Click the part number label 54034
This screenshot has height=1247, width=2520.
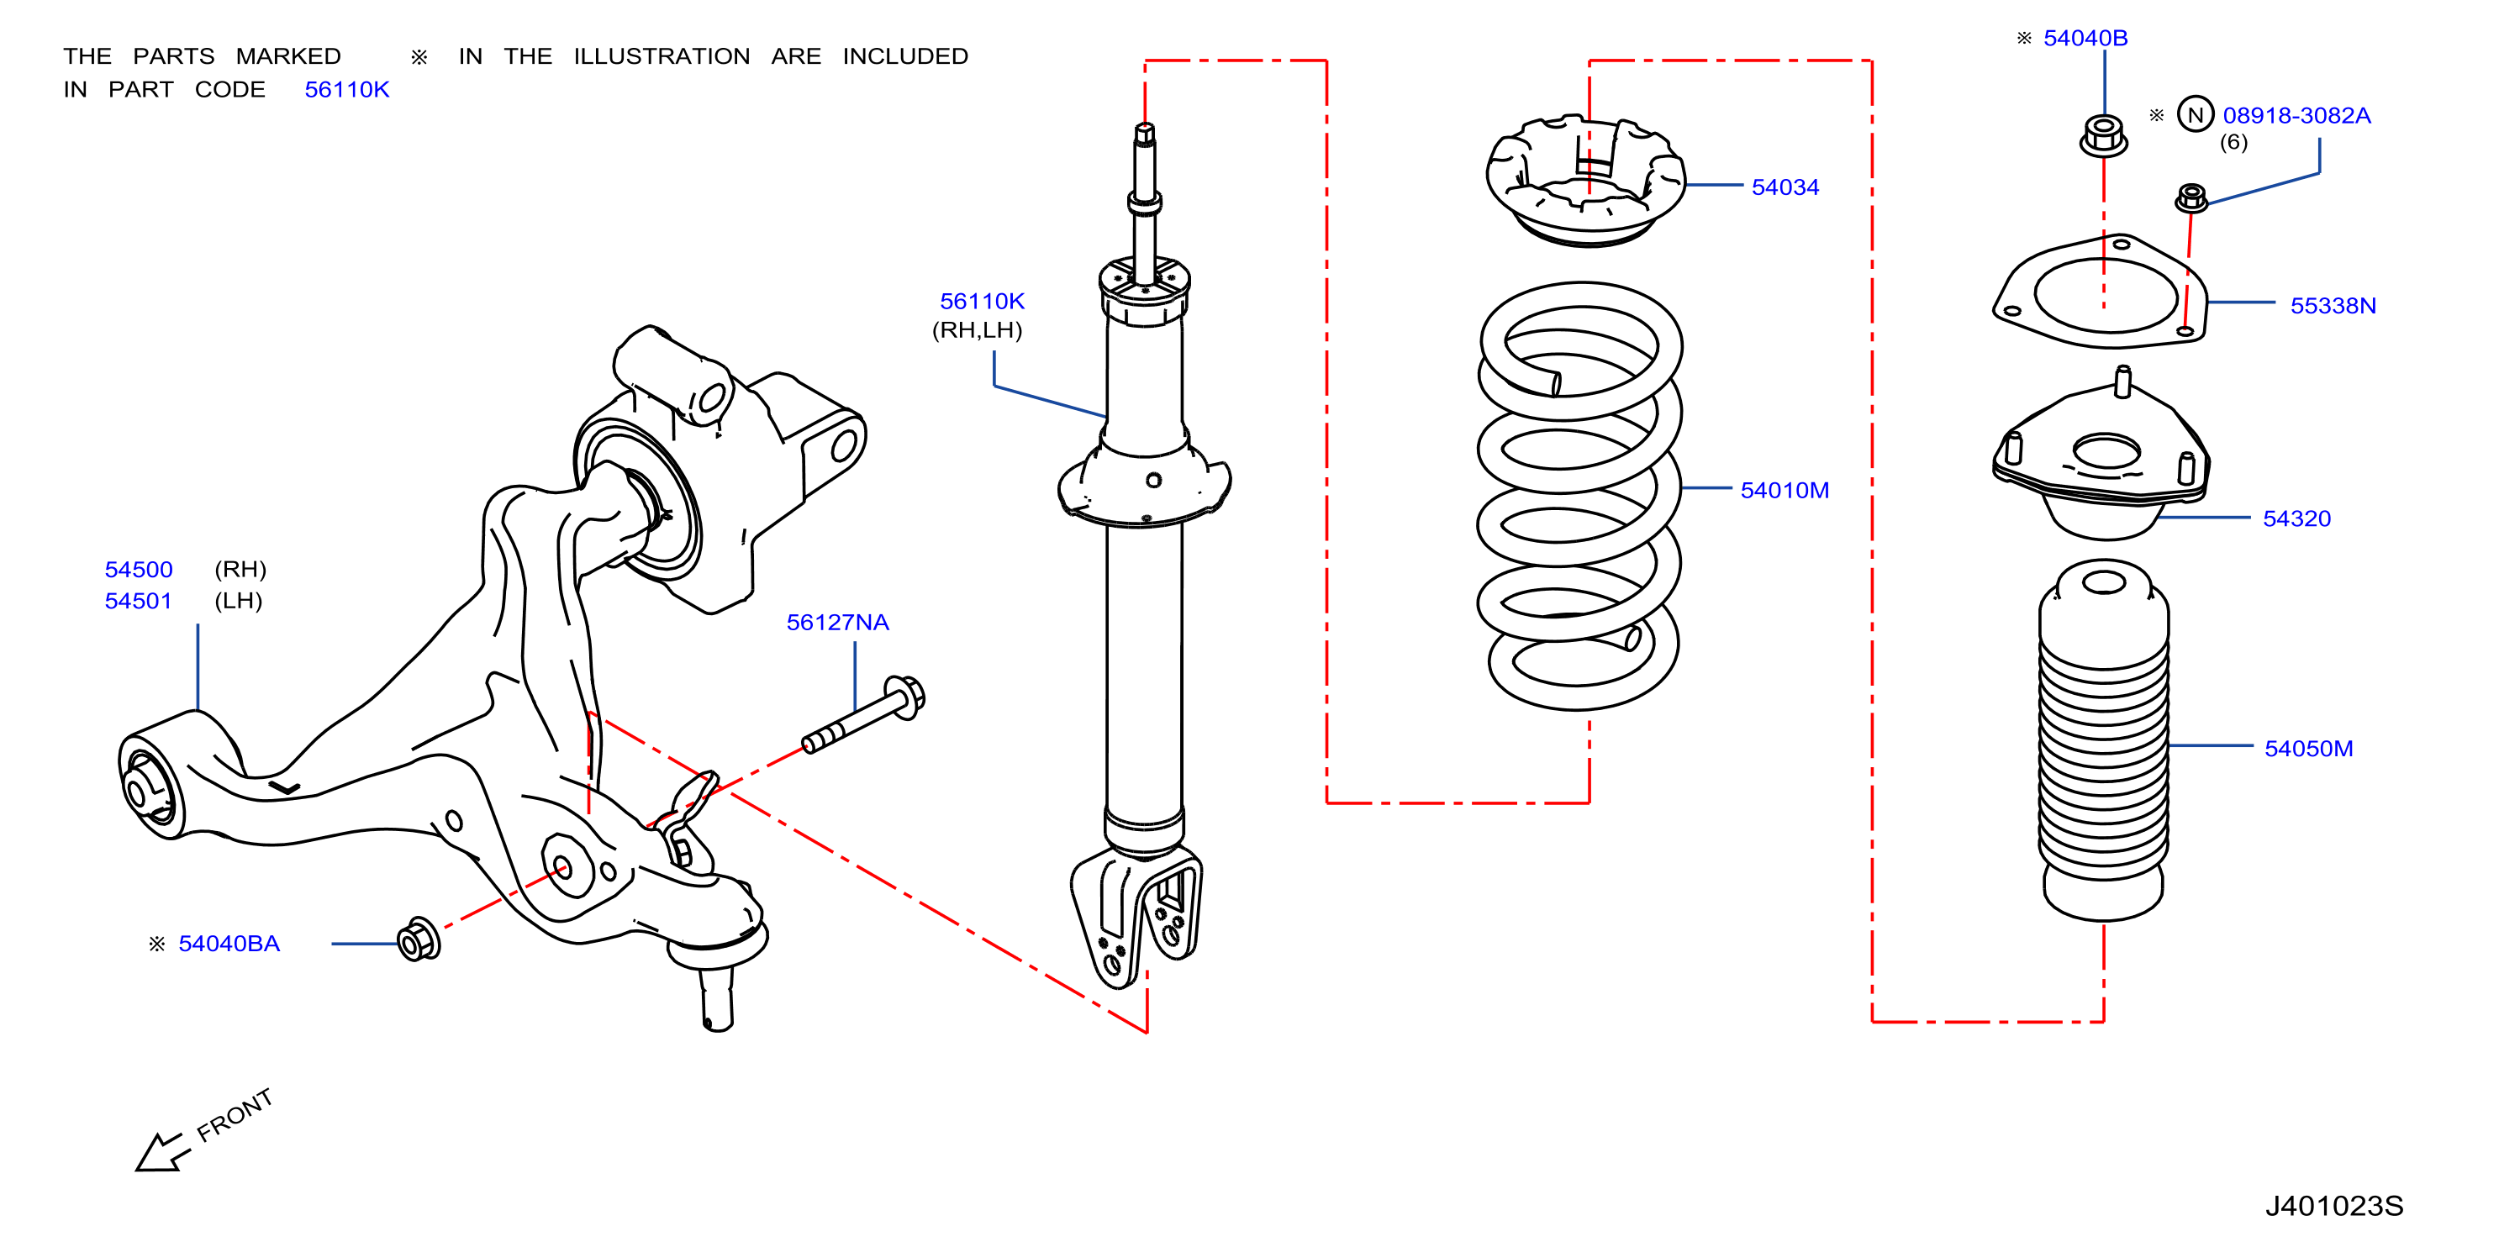point(1785,187)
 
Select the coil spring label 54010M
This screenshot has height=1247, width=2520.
point(1785,490)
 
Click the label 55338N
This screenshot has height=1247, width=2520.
point(2333,305)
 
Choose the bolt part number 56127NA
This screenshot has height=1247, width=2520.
point(837,622)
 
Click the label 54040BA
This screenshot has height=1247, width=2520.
point(229,943)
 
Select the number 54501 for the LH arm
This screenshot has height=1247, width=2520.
point(138,601)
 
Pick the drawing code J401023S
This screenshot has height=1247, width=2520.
point(2333,1206)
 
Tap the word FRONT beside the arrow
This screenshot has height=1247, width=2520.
point(235,1115)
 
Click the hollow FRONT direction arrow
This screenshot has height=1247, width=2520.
point(159,1152)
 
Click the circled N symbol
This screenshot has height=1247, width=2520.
point(2196,114)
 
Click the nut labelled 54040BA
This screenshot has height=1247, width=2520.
point(419,940)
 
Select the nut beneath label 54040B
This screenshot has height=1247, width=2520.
point(2103,136)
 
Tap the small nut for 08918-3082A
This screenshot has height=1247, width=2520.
point(2191,197)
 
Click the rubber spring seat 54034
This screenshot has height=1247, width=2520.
point(1586,181)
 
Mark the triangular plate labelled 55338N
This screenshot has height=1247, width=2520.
point(2101,292)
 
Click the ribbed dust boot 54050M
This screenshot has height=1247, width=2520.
point(2103,740)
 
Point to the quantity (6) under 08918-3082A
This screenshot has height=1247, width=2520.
point(2233,143)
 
